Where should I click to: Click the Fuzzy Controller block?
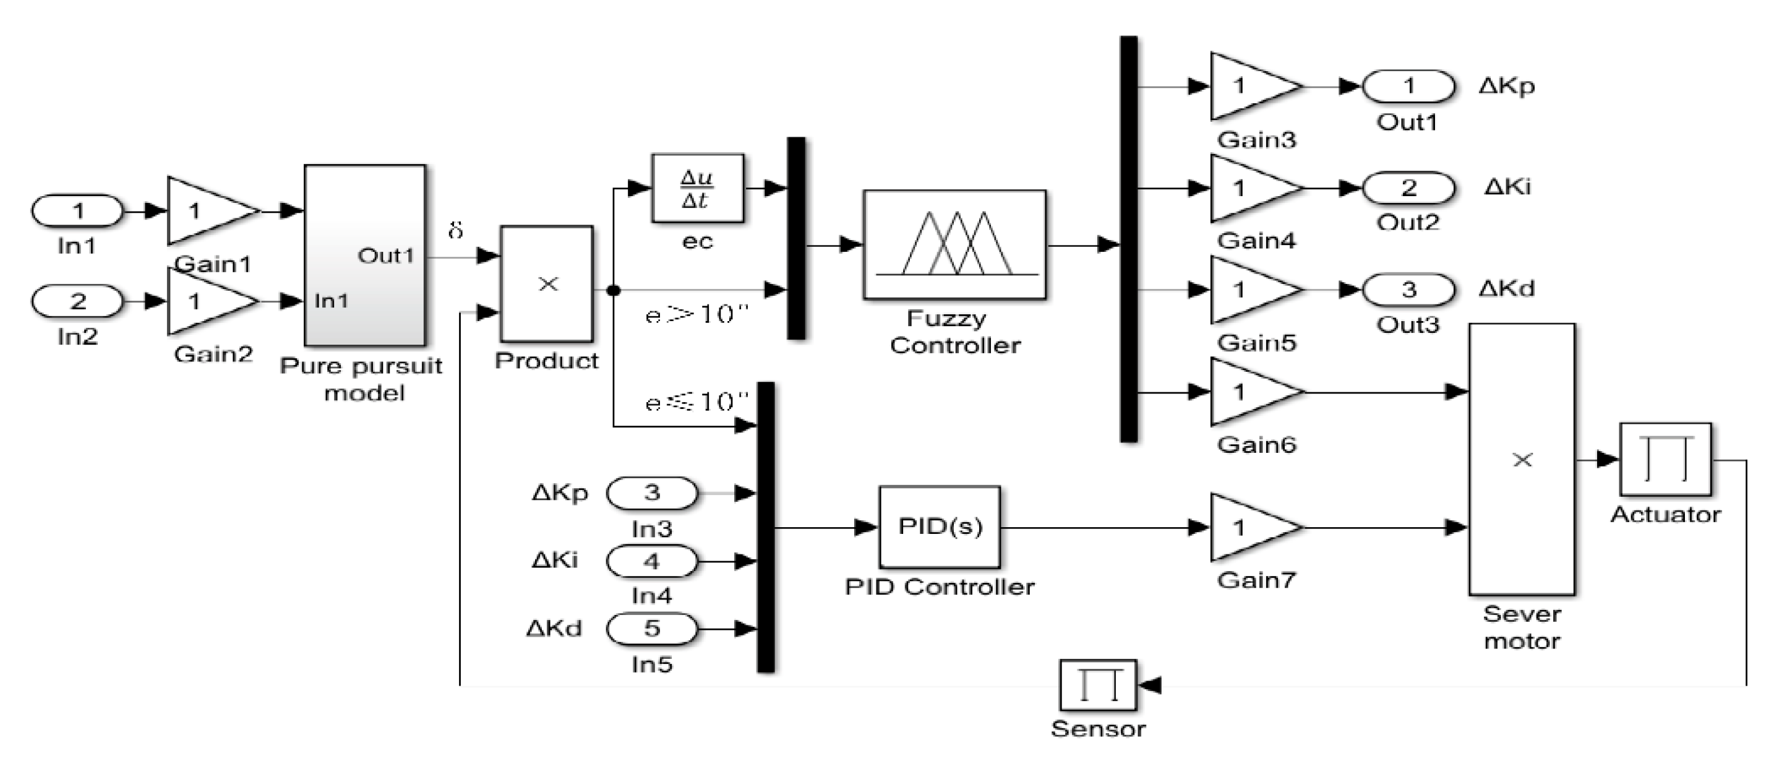pos(954,244)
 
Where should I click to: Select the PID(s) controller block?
pos(940,527)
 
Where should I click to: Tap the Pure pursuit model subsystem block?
pos(365,256)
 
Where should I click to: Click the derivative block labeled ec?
pos(698,188)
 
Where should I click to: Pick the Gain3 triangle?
pos(1250,86)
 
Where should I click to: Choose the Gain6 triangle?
pos(1250,392)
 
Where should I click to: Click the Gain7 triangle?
pos(1250,528)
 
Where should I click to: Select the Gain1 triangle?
pos(207,211)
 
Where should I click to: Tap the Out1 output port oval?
pos(1408,86)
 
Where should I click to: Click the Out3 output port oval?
pos(1408,290)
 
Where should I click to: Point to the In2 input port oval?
pos(78,301)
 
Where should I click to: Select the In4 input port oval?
pos(651,561)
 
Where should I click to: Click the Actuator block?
pos(1665,459)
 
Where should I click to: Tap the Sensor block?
pos(1098,686)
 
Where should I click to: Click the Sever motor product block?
pos(1522,459)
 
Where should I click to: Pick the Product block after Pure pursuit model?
pos(547,284)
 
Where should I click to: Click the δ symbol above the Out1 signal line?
pos(455,230)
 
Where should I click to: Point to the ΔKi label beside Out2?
pos(1507,187)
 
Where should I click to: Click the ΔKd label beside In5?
pos(554,628)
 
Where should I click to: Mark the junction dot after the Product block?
pos(613,291)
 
